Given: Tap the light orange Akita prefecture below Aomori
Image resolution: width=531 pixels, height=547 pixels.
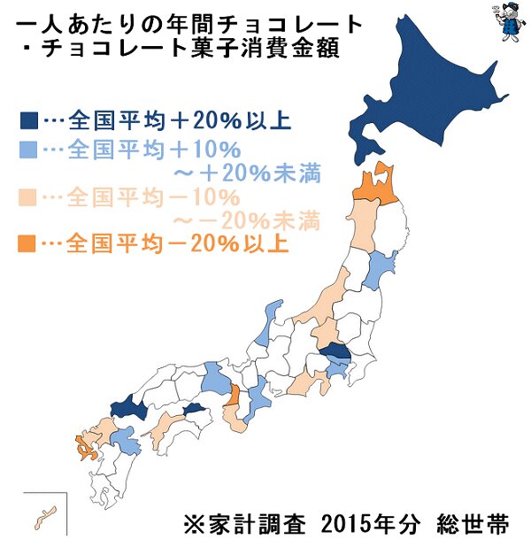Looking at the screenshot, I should tap(363, 226).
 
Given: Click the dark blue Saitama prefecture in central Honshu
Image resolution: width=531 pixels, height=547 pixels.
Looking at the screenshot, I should tap(335, 352).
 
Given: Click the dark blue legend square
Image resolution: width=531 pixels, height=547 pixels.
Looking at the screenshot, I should tap(27, 119).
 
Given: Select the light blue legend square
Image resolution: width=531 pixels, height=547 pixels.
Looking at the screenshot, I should tap(27, 145).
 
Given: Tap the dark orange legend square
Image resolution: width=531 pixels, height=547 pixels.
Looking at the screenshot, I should tap(27, 242).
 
